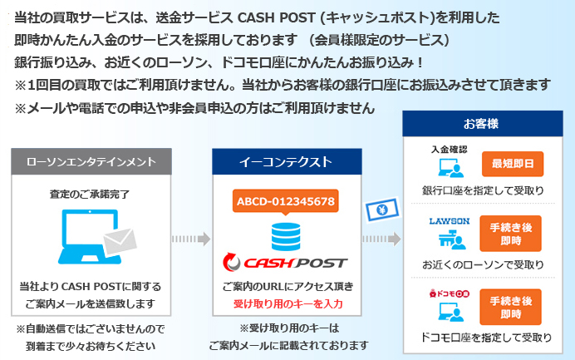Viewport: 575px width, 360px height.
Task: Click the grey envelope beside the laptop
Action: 117,243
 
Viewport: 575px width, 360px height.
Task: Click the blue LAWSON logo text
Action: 450,221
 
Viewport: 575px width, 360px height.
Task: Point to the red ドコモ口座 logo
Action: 449,293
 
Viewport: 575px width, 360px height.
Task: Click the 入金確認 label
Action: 450,150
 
